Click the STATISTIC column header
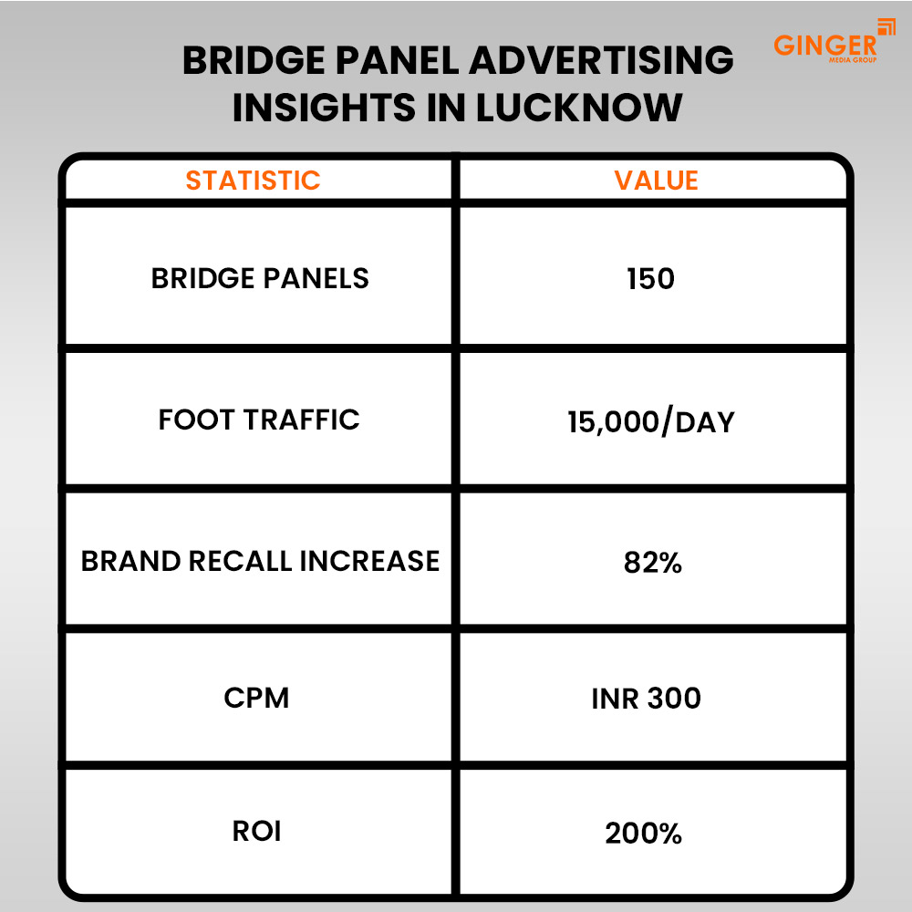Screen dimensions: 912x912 tap(253, 180)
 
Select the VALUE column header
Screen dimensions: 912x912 tap(656, 180)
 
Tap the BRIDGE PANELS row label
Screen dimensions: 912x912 tap(260, 278)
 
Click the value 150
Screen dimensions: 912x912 tap(650, 279)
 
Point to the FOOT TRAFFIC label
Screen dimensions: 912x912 tap(259, 420)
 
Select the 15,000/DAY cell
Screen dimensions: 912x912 tap(650, 422)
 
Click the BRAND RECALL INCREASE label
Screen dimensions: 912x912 tap(260, 560)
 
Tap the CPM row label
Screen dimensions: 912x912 tap(256, 699)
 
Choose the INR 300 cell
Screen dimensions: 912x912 tap(646, 699)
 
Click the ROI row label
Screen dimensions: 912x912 tap(257, 832)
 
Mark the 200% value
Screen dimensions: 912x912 tap(643, 833)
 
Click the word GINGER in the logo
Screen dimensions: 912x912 tap(824, 46)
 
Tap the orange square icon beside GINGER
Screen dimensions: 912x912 tap(886, 26)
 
